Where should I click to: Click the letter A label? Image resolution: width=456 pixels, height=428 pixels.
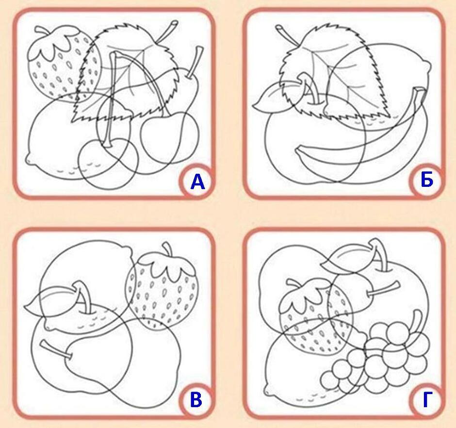(x=198, y=182)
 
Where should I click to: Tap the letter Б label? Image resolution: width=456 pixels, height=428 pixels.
(x=426, y=181)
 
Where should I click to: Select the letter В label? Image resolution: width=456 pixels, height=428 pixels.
(x=196, y=400)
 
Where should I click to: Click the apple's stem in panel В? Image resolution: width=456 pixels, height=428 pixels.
(x=83, y=297)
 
